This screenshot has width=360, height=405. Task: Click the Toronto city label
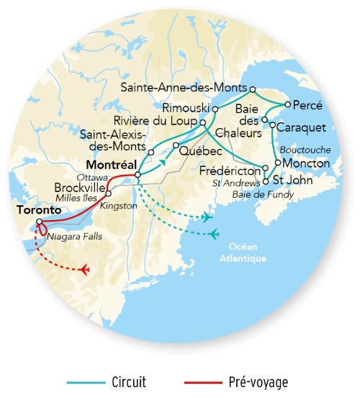pos(35,211)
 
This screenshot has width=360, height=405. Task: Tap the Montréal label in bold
pos(111,164)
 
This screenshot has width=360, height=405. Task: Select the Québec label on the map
pos(198,151)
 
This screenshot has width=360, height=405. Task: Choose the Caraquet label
pos(302,127)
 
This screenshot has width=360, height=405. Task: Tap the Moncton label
pos(306,163)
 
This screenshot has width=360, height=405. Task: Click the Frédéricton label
pos(232,171)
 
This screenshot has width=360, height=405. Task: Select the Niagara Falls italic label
pos(73,235)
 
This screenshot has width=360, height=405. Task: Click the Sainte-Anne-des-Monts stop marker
pos(252,90)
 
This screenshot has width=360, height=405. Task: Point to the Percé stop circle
pos(287,104)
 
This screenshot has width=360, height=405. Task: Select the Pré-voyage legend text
pos(257,382)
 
